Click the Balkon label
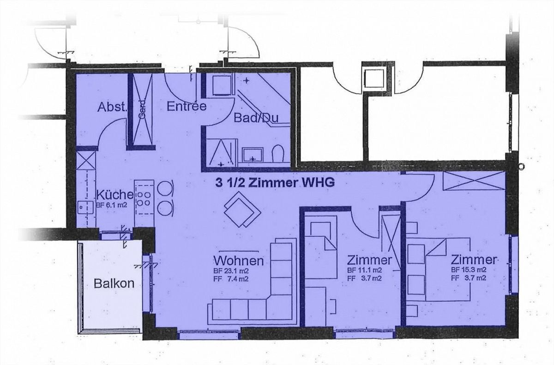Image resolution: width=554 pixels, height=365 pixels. (114, 283)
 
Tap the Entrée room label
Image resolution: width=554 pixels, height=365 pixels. (187, 106)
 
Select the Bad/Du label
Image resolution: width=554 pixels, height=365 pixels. (256, 118)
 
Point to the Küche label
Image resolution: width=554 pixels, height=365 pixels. (115, 195)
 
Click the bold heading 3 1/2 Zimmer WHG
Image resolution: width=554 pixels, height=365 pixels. (275, 183)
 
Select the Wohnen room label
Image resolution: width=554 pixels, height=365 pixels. (238, 261)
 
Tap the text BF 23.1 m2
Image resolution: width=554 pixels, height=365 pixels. (231, 271)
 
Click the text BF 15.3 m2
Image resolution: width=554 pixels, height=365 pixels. (469, 269)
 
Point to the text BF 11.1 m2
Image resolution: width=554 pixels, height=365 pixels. (365, 270)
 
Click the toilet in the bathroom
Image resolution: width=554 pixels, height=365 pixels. (277, 154)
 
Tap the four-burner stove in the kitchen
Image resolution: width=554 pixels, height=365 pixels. (144, 199)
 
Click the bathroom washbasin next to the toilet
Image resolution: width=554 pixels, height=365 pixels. (252, 155)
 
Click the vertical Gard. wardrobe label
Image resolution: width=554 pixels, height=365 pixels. (142, 109)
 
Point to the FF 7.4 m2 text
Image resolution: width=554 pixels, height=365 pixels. (231, 279)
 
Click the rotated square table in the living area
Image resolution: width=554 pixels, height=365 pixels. (242, 209)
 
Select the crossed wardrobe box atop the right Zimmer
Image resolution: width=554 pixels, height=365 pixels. (474, 181)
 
